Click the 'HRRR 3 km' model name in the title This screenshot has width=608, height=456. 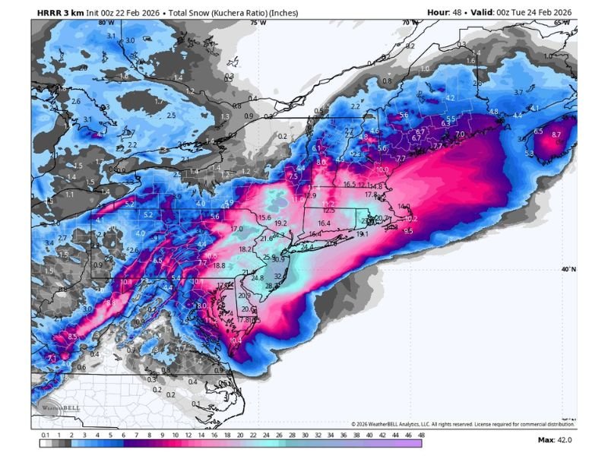[59, 12]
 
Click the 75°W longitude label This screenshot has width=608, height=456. [258, 23]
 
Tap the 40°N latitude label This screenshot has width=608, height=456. [568, 269]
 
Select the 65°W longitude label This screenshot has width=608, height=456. [562, 23]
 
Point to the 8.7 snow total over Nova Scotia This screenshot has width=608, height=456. [556, 135]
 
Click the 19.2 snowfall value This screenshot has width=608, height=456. [280, 223]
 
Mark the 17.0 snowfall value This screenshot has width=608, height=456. [236, 228]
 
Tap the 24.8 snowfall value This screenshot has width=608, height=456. [257, 277]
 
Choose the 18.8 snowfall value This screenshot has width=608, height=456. [219, 265]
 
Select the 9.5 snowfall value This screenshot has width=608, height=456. [408, 230]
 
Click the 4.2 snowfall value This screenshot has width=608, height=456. [449, 98]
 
